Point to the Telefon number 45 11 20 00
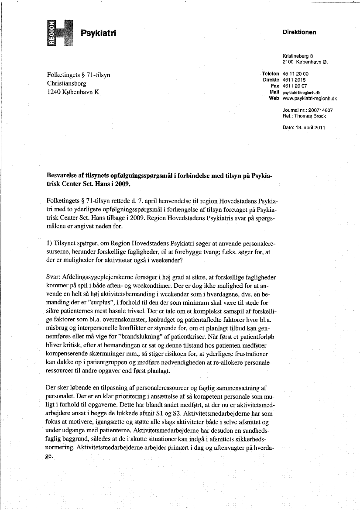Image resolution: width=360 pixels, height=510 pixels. (x=296, y=74)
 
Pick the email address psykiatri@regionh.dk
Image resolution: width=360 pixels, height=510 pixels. (x=301, y=93)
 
